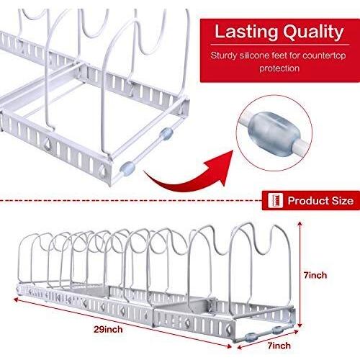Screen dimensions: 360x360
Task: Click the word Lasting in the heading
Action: (x=246, y=32)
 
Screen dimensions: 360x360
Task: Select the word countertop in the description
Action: (x=324, y=56)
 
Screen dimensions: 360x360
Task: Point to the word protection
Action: (x=279, y=68)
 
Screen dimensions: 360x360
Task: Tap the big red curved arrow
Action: (x=189, y=171)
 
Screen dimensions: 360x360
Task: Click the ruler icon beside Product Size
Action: (x=275, y=200)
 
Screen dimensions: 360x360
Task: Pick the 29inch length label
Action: (x=108, y=330)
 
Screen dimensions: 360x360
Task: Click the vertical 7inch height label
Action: (x=315, y=275)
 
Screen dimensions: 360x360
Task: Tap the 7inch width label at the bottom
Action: (x=279, y=346)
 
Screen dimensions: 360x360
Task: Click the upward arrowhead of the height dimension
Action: (x=300, y=224)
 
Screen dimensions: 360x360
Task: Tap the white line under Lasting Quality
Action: (x=280, y=45)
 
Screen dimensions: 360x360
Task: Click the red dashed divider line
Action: (x=131, y=200)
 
